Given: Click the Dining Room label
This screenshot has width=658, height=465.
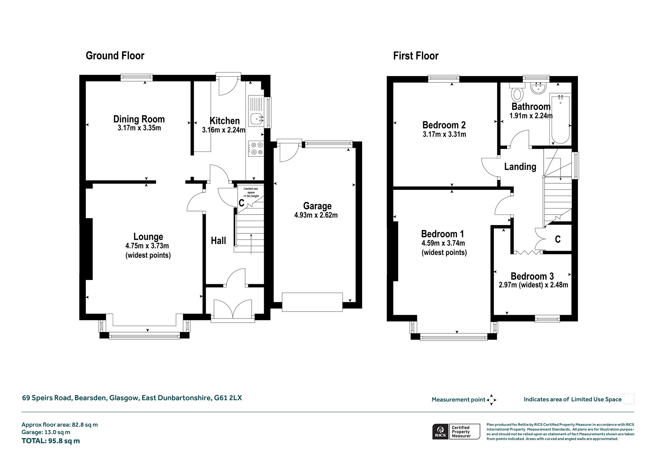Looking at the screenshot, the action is pyautogui.click(x=139, y=119).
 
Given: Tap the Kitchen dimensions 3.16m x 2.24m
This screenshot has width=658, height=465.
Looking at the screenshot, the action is pyautogui.click(x=224, y=130).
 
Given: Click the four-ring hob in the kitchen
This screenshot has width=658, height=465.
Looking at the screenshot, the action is pyautogui.click(x=256, y=149).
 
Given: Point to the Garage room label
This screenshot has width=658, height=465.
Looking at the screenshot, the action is pyautogui.click(x=317, y=206).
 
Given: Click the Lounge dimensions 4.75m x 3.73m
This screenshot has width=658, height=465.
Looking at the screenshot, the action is pyautogui.click(x=147, y=246).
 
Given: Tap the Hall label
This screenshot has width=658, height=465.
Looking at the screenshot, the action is pyautogui.click(x=218, y=241).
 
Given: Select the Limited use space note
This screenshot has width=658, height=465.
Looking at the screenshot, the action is pyautogui.click(x=251, y=192).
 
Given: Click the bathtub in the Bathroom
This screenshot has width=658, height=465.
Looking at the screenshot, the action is pyautogui.click(x=560, y=119).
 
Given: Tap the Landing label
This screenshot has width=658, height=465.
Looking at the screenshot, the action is pyautogui.click(x=520, y=167).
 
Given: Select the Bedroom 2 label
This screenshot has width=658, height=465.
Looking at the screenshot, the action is pyautogui.click(x=444, y=125).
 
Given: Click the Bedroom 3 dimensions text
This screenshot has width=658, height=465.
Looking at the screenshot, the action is pyautogui.click(x=533, y=285).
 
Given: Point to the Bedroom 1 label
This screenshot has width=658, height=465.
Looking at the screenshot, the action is pyautogui.click(x=442, y=234).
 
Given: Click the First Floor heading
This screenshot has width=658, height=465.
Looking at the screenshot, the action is pyautogui.click(x=416, y=56).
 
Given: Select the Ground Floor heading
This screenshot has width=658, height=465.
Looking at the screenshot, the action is pyautogui.click(x=115, y=56).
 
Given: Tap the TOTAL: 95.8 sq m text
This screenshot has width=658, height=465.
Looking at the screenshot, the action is pyautogui.click(x=51, y=441).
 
